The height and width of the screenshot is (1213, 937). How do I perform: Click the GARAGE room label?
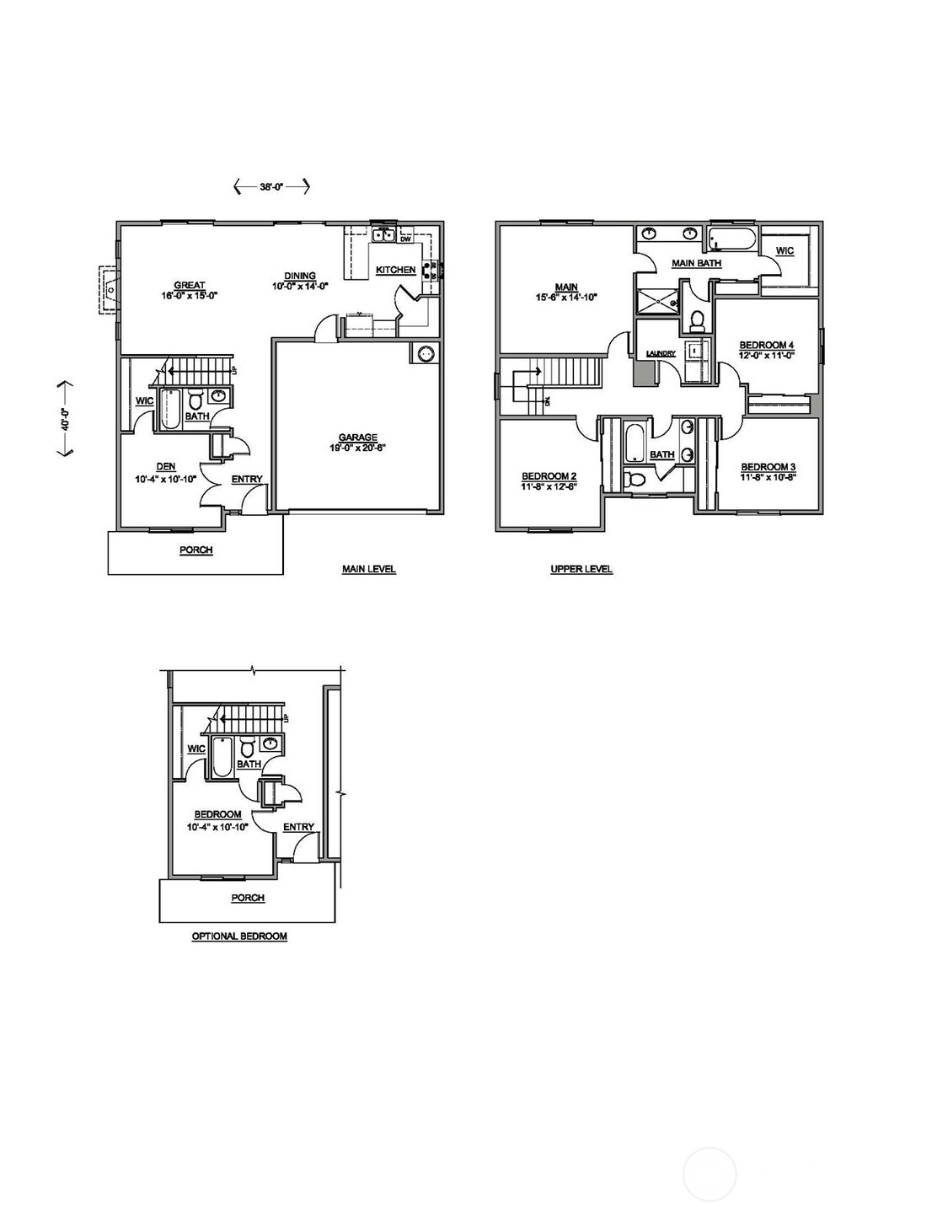[357, 437]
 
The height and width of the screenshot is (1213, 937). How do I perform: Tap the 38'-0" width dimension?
[272, 188]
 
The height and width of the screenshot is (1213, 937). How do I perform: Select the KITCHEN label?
[395, 270]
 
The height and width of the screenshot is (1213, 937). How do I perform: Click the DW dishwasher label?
[405, 239]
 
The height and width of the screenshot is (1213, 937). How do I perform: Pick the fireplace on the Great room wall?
[109, 290]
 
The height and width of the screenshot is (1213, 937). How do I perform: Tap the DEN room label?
[165, 466]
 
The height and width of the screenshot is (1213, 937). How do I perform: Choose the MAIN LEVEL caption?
[368, 569]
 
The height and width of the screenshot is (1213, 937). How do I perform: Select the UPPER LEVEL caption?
[581, 569]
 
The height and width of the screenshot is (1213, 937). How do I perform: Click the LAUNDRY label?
[661, 353]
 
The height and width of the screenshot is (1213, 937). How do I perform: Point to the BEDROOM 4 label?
[766, 345]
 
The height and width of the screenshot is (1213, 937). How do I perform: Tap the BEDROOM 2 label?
[549, 475]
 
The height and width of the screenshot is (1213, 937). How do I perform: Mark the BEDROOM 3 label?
[768, 466]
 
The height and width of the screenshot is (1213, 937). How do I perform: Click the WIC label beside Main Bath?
[784, 250]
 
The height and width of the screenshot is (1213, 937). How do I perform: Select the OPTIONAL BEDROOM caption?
[239, 936]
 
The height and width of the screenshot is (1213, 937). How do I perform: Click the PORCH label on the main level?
[195, 550]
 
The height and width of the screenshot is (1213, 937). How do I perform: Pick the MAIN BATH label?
[696, 263]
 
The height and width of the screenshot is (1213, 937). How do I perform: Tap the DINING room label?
[299, 276]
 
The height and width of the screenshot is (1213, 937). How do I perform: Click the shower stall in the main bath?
[656, 301]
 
